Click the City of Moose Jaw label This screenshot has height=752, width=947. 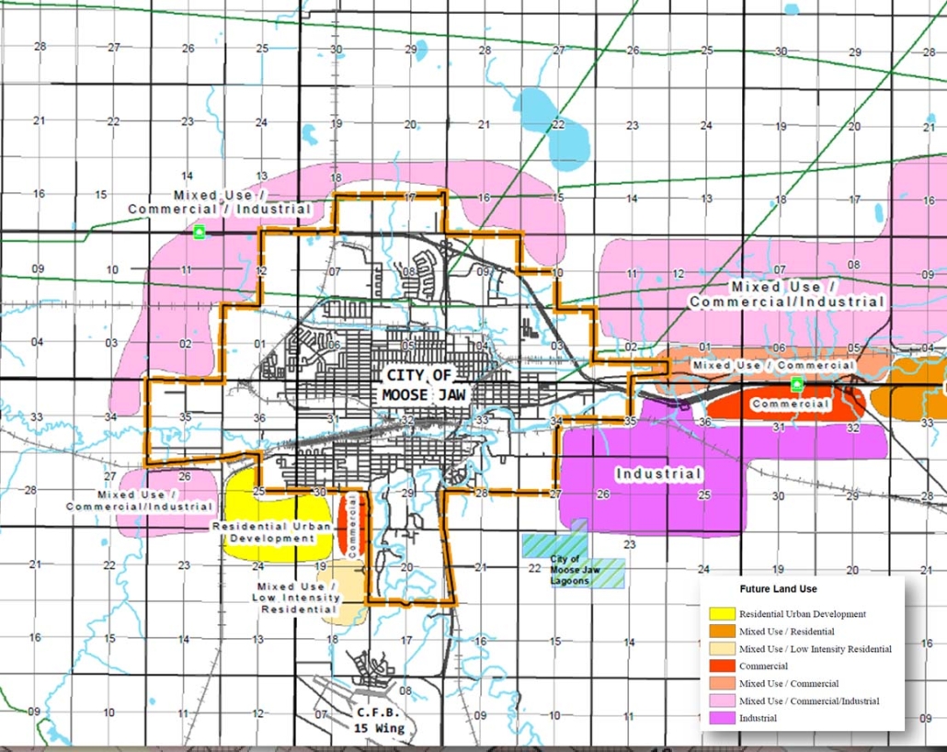point(418,385)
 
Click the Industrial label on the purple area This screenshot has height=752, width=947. point(659,474)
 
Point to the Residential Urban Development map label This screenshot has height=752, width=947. point(267,532)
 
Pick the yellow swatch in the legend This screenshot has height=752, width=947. point(722,614)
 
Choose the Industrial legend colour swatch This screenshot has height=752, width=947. point(722,718)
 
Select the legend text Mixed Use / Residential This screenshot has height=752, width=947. point(786,632)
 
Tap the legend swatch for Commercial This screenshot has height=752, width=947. point(722,666)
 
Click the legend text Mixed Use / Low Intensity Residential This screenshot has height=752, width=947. point(815,649)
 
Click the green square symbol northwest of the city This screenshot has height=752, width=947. point(199,233)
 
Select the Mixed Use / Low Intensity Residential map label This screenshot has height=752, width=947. point(298,598)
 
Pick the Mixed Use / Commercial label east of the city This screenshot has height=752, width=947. point(772,366)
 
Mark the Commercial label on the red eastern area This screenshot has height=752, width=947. point(791,404)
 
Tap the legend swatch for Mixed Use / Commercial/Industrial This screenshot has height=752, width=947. point(722,701)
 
